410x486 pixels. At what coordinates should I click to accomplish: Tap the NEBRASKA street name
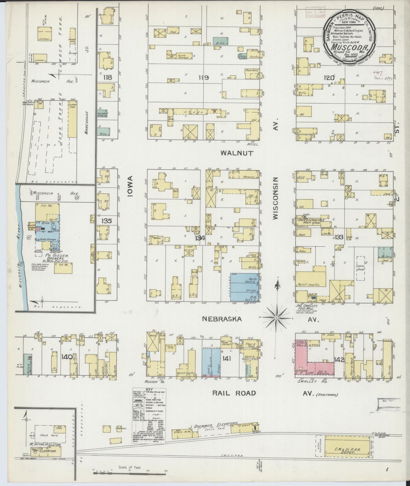222,319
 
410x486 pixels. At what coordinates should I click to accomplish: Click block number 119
203,77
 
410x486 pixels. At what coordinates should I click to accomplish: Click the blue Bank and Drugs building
245,287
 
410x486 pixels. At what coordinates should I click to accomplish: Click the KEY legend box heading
149,390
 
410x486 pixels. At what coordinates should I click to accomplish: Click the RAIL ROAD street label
234,393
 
